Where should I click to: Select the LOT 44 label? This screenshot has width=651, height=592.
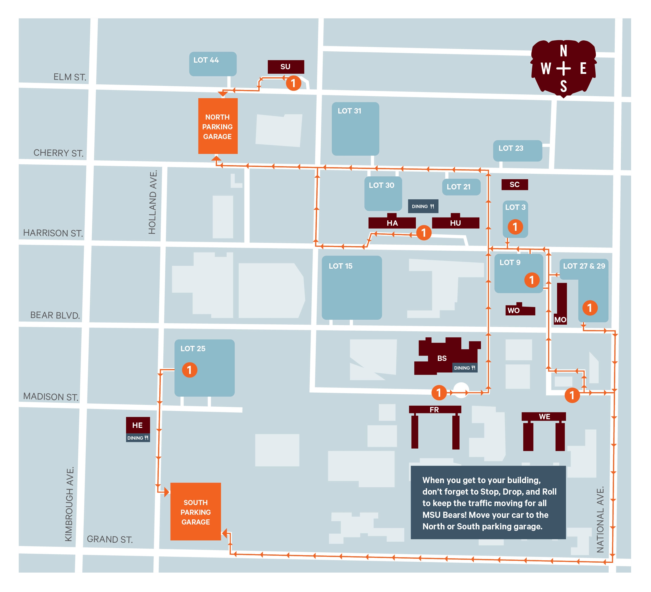coord(206,60)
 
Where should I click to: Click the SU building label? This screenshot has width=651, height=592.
coord(285,67)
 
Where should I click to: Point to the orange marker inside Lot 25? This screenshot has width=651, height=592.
coord(189,370)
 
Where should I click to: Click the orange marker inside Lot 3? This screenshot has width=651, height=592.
coord(515,227)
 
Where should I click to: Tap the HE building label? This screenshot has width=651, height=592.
coord(137,425)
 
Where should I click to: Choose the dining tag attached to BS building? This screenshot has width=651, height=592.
coord(464,368)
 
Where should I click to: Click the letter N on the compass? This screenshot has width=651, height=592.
coord(563,51)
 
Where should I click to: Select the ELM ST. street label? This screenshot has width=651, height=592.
coord(70,77)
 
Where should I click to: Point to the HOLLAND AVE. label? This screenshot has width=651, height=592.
coord(152,202)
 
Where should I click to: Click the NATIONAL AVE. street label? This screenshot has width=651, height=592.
coord(600,520)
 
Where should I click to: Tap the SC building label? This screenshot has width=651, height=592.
coord(514,184)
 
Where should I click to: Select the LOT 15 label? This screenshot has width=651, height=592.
coord(340,266)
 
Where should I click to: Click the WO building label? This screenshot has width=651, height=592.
coord(513,310)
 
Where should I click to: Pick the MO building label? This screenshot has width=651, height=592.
coord(560,320)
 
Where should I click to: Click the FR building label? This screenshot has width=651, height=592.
coord(434,410)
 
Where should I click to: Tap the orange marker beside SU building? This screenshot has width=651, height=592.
coord(293,83)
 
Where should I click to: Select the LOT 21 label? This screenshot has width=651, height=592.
coord(459,187)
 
